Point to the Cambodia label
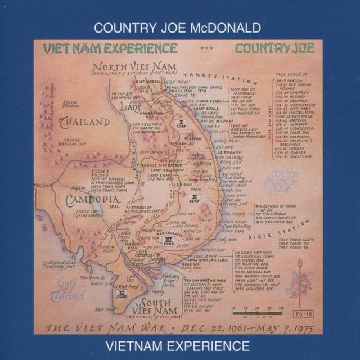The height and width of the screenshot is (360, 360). pos(91,200)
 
